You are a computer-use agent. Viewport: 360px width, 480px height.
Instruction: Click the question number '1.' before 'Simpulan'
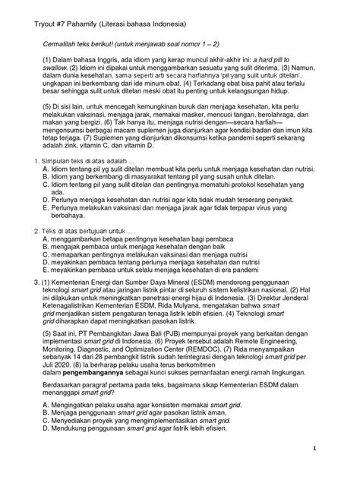28,204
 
